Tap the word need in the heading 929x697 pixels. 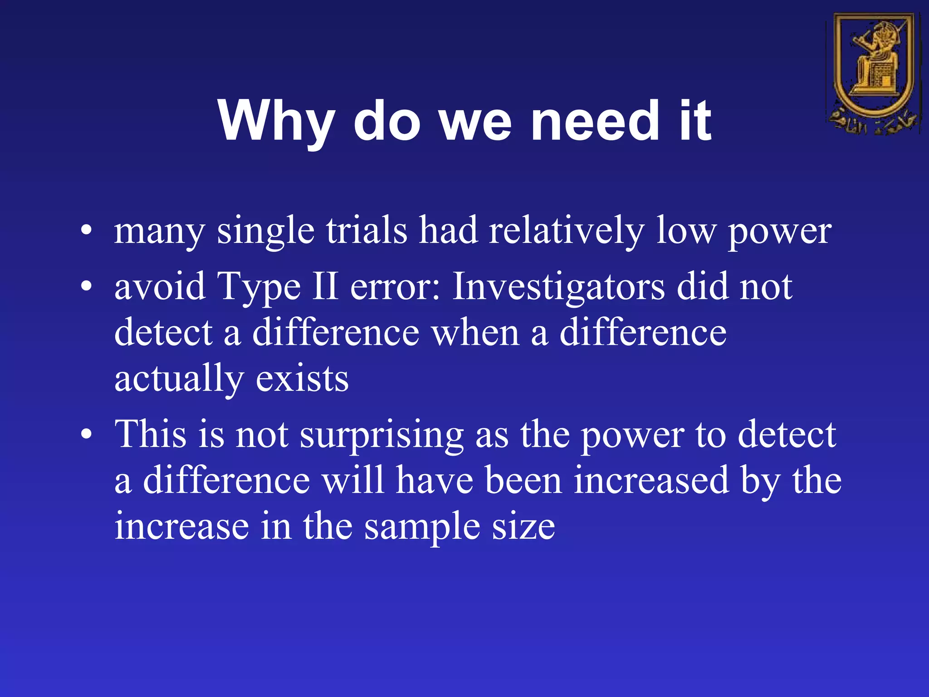point(595,121)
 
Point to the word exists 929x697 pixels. point(302,378)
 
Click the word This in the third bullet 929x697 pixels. point(150,434)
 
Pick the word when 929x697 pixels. point(475,332)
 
